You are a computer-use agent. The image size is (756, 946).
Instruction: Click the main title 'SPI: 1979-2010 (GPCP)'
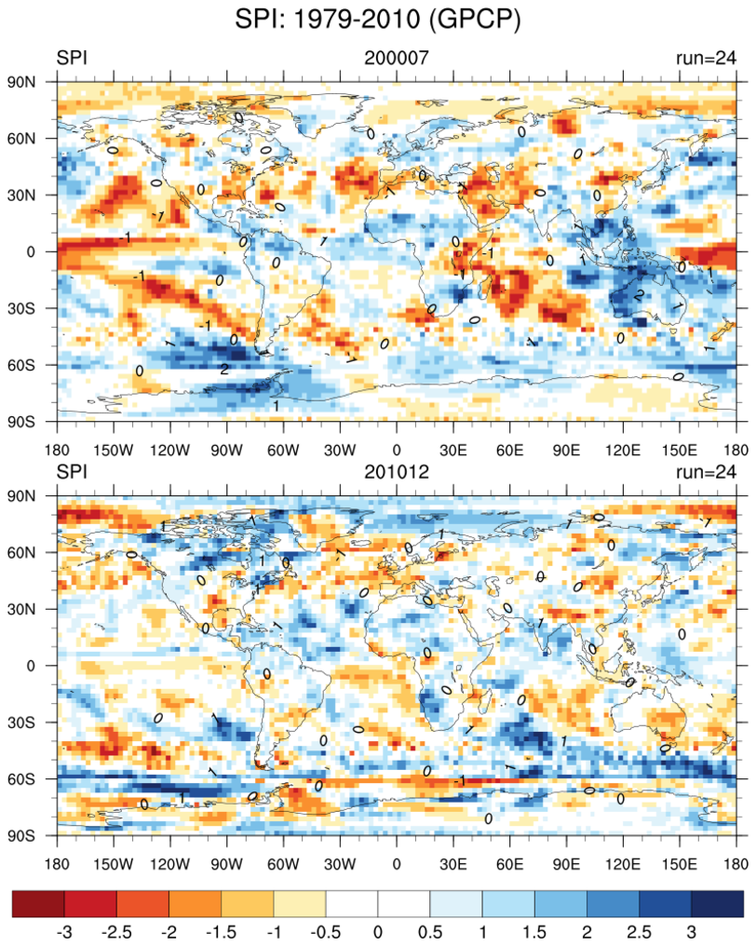click(377, 18)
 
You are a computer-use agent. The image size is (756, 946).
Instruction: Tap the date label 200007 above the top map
click(397, 58)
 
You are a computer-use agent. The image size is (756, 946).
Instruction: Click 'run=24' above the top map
click(706, 58)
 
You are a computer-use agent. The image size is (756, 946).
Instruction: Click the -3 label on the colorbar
click(64, 932)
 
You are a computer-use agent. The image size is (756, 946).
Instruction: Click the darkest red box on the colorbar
click(38, 905)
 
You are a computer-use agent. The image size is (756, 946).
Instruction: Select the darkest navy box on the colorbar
click(718, 905)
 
